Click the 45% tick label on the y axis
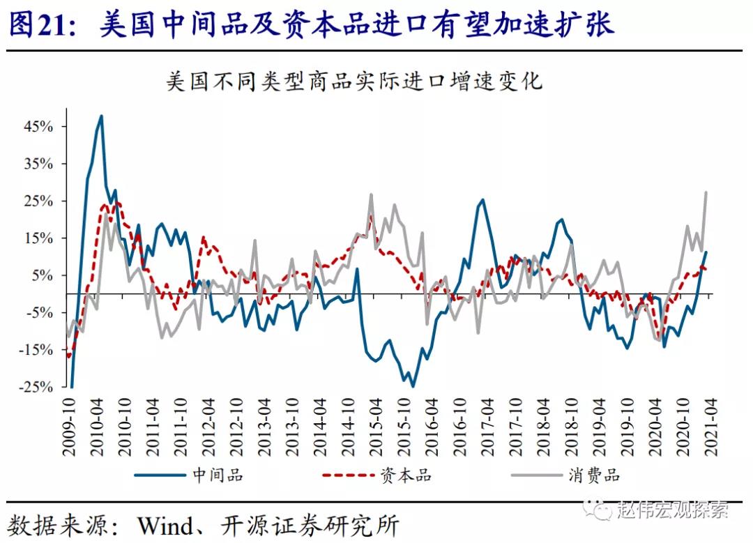coord(39,127)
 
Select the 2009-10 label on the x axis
coord(69,429)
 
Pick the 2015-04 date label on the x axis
coord(374,429)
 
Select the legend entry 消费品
coord(594,475)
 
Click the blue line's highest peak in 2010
coord(102,116)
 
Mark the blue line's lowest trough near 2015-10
coord(412,386)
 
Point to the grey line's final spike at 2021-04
coord(706,192)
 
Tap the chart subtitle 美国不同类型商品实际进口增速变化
coord(354,82)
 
